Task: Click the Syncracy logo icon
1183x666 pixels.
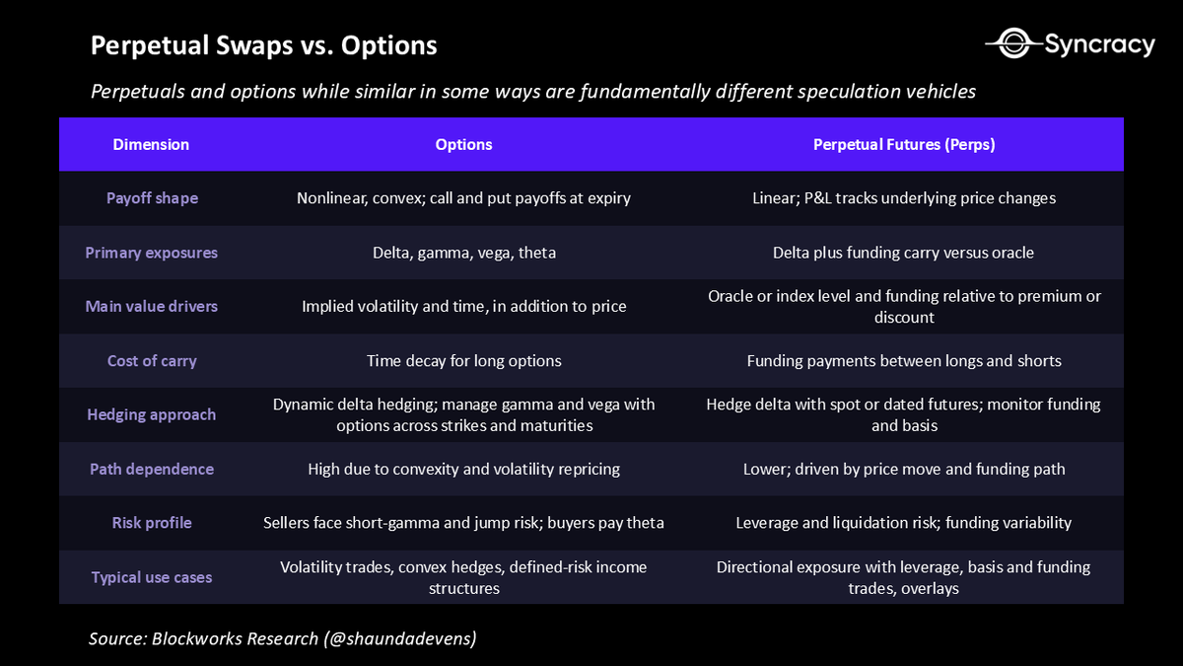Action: point(1013,43)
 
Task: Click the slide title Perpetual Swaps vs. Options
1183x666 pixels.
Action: point(263,45)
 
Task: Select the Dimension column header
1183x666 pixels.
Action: point(151,144)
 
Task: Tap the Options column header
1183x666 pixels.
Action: point(463,144)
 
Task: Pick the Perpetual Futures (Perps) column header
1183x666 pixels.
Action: point(904,144)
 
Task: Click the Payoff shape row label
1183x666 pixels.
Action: point(152,198)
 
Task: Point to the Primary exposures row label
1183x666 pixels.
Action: point(152,253)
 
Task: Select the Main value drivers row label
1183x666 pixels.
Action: point(152,307)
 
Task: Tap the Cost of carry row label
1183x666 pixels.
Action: point(152,361)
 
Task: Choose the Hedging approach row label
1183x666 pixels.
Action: point(152,415)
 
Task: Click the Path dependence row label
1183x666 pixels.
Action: point(152,470)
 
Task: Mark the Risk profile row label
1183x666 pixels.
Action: point(152,523)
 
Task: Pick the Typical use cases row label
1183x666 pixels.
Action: point(152,577)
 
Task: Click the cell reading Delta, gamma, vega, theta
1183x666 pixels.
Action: point(464,253)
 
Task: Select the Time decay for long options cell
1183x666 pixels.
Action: point(464,361)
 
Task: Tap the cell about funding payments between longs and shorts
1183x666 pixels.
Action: point(904,361)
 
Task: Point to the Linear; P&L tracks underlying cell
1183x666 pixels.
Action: point(904,198)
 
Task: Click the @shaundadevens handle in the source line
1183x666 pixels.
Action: point(400,638)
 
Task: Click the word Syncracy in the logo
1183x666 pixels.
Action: point(1099,45)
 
